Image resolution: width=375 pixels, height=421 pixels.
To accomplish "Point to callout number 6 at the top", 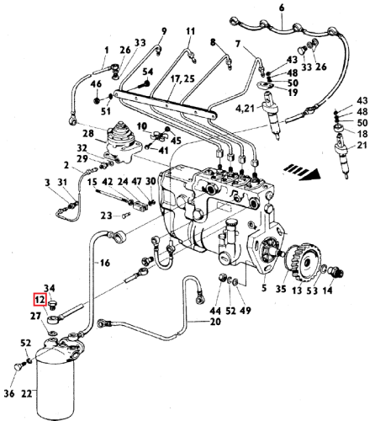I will (283, 8).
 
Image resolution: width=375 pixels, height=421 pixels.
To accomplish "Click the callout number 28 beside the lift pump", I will (87, 134).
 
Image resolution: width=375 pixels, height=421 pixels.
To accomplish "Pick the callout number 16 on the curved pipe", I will (104, 264).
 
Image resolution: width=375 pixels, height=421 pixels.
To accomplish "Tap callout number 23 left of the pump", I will (105, 216).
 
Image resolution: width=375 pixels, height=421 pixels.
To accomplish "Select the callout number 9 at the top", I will (164, 32).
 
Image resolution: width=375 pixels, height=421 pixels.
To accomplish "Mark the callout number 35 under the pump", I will (282, 290).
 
